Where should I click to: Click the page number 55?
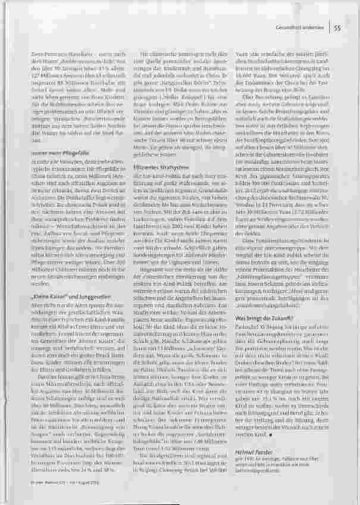[337, 27]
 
